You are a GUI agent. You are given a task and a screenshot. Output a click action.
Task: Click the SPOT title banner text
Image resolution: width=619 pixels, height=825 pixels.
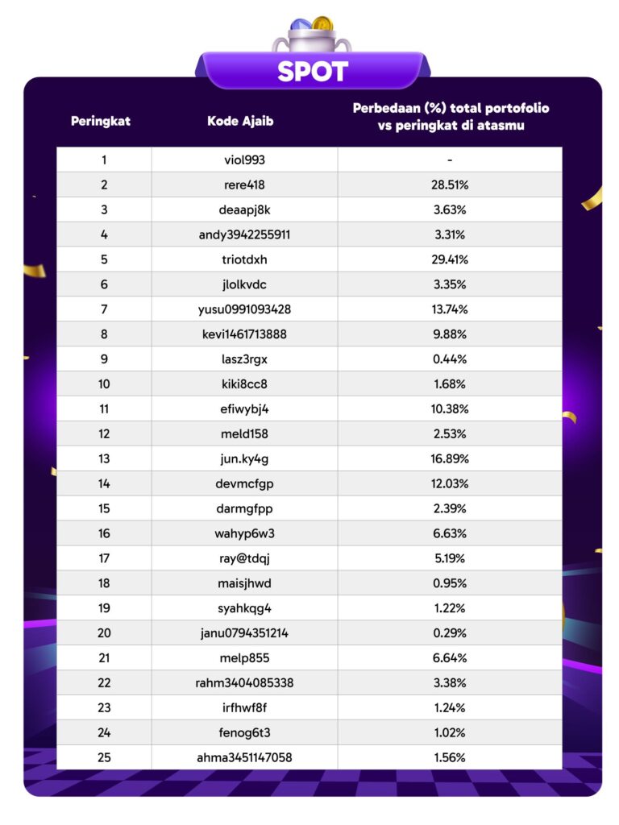point(312,72)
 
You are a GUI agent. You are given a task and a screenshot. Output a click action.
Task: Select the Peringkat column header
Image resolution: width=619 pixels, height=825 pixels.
point(101,122)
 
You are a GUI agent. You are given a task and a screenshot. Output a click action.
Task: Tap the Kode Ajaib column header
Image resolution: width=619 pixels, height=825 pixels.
point(240,122)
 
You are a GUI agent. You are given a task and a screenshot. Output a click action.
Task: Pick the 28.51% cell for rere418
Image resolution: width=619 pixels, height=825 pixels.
point(450,184)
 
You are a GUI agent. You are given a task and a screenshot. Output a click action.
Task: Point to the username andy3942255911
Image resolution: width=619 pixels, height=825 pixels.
point(244,235)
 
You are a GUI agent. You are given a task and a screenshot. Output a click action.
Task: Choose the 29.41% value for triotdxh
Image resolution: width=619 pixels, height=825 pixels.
point(450,260)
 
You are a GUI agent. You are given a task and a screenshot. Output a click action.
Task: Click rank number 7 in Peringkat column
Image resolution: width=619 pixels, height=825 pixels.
point(104,309)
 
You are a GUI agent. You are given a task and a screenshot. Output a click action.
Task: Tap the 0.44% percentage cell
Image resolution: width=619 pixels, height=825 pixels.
point(450,359)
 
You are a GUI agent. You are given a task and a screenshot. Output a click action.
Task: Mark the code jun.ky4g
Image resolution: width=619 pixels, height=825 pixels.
point(243,458)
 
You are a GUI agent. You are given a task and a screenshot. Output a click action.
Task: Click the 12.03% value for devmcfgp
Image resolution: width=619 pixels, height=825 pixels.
point(450,483)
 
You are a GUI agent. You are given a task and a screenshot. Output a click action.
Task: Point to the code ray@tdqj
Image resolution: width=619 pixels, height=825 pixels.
point(243,558)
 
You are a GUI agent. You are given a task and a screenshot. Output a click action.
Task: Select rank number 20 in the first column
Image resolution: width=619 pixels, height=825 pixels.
point(104,633)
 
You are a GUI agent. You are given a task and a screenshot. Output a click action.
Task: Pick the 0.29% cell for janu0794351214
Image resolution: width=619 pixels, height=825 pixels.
point(450,633)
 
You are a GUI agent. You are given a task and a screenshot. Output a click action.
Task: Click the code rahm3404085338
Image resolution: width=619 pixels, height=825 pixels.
point(244,683)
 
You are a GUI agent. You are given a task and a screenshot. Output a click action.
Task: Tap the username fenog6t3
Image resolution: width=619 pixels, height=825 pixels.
point(243,732)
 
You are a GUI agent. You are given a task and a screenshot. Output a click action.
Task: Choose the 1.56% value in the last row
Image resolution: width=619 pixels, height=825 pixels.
point(450,757)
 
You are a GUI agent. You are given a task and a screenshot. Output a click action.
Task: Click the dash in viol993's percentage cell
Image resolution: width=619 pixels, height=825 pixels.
point(450,160)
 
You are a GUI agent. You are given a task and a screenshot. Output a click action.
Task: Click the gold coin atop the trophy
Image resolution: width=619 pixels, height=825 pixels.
point(322,24)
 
